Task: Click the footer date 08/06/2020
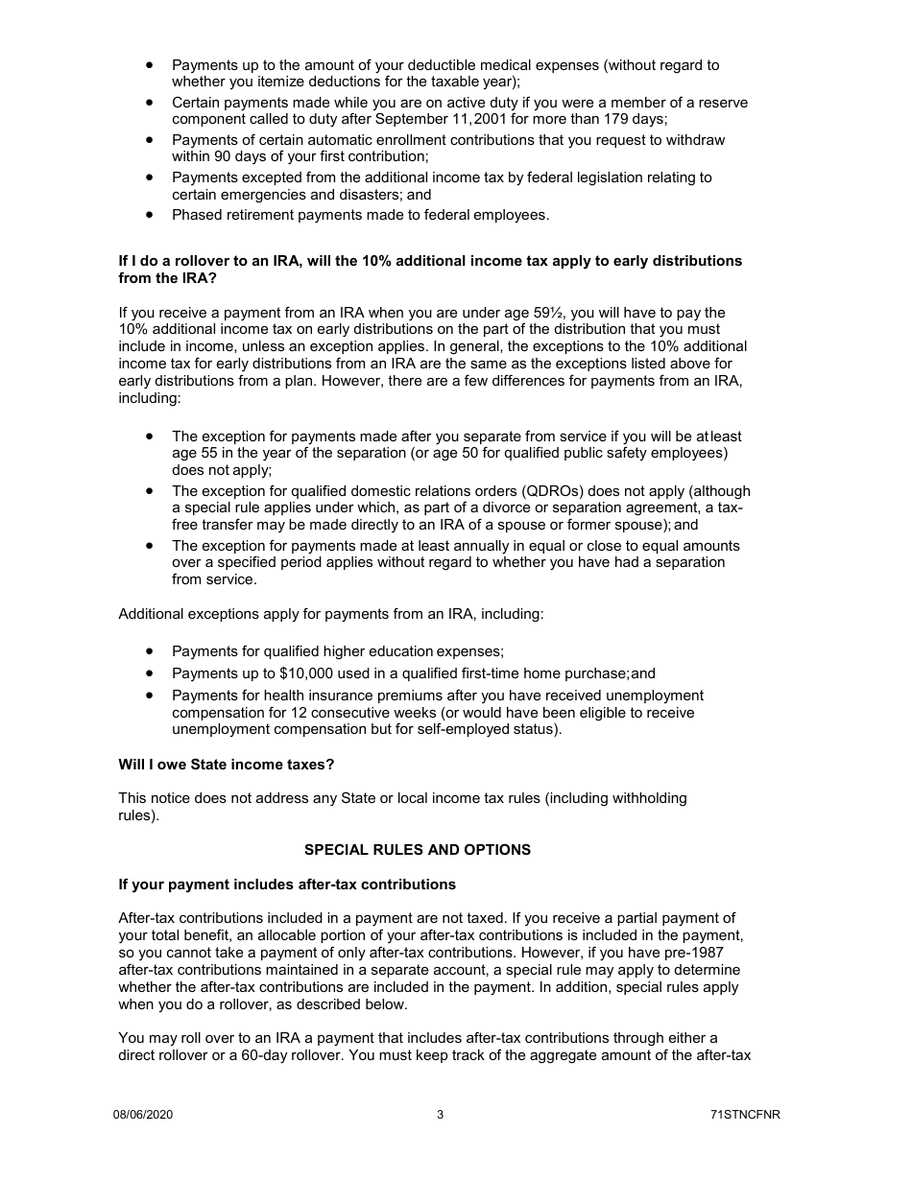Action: coord(143,1115)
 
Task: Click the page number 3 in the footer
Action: coord(440,1115)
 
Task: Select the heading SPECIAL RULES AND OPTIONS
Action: coord(417,850)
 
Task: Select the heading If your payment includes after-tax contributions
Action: coord(287,885)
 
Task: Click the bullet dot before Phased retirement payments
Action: coord(150,214)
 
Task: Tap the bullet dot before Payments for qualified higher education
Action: coord(150,650)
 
